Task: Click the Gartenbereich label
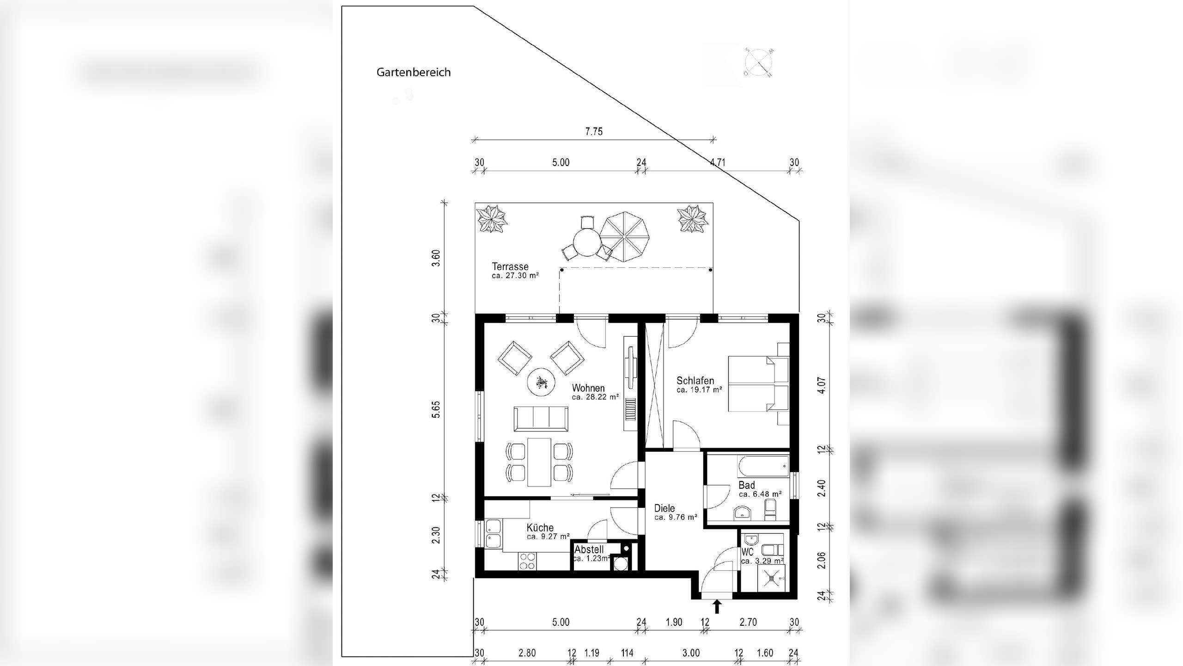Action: [x=413, y=73]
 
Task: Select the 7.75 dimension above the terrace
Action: [x=594, y=132]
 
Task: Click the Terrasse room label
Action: [x=510, y=267]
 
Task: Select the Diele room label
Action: [x=665, y=508]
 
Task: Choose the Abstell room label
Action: [x=589, y=550]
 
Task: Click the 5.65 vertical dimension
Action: [x=436, y=409]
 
